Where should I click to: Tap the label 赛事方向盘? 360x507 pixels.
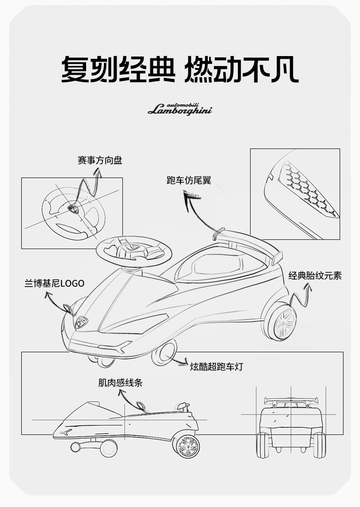[100, 160]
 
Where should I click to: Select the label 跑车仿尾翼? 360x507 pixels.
[189, 181]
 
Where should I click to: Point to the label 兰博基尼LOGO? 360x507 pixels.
[54, 283]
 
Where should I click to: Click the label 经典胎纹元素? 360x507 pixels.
[315, 275]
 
